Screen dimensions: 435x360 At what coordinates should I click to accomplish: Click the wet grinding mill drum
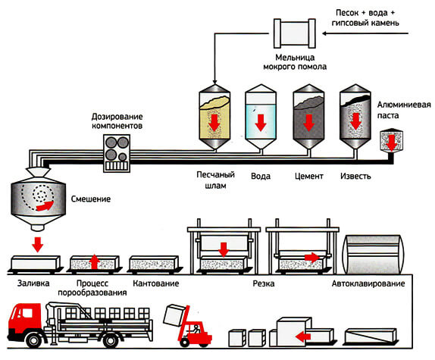[295, 33]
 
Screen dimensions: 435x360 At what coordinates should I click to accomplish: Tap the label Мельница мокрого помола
[295, 62]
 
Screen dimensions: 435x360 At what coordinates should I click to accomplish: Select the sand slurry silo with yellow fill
[214, 118]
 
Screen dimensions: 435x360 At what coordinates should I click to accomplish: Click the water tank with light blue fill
[261, 118]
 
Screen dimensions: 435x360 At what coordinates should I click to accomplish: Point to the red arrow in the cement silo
[308, 123]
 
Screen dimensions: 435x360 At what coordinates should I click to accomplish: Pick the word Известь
[355, 176]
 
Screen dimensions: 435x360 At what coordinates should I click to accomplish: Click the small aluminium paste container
[392, 140]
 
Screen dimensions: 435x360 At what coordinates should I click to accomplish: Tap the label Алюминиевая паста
[404, 110]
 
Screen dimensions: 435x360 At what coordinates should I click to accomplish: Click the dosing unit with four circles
[117, 153]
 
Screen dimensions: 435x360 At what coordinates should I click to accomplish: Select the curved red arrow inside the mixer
[45, 206]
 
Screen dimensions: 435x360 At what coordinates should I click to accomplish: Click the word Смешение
[91, 199]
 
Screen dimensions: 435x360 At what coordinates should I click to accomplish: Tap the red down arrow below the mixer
[38, 244]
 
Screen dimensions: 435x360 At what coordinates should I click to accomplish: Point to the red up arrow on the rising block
[94, 261]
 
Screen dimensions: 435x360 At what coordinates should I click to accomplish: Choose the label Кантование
[156, 283]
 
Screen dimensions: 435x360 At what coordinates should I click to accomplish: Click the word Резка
[264, 283]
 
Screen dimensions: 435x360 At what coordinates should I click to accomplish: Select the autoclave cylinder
[374, 255]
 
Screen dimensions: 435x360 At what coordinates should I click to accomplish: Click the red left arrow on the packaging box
[303, 337]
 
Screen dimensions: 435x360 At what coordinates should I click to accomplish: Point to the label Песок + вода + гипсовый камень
[365, 17]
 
